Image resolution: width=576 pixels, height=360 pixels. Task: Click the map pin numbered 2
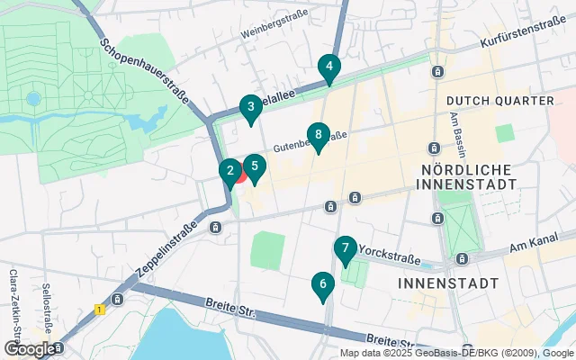tap(229, 169)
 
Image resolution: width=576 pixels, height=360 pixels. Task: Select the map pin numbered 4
tap(329, 67)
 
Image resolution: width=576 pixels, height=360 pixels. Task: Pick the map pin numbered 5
tap(255, 166)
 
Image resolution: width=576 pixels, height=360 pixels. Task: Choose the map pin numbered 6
tap(322, 285)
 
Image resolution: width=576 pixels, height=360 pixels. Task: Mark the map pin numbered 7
tap(345, 248)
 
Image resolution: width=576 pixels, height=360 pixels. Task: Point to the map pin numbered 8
tap(317, 136)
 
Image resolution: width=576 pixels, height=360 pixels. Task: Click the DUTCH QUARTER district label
tap(499, 100)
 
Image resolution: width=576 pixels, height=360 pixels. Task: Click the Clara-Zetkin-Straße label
tap(13, 297)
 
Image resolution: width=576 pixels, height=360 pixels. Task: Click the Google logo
tap(30, 348)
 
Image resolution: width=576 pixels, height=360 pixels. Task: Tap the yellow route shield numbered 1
tap(99, 309)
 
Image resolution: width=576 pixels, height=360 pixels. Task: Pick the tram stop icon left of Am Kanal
tap(461, 258)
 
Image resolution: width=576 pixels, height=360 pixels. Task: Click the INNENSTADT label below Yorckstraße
tap(447, 283)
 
